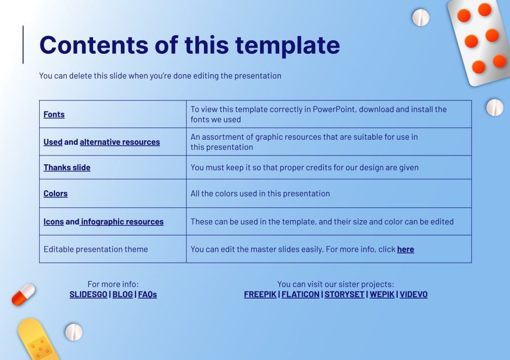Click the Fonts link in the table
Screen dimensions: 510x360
54,114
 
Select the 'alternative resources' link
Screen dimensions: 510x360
120,142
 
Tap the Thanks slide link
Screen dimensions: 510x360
67,167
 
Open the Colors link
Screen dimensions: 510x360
56,193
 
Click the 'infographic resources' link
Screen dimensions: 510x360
122,221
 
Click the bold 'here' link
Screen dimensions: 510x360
405,249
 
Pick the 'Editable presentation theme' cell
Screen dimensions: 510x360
113,249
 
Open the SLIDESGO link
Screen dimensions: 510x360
88,294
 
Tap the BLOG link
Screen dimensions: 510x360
122,294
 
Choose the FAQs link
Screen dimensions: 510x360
148,294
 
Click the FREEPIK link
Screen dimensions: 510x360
260,294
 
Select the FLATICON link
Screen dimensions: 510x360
300,294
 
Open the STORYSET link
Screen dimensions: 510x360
345,294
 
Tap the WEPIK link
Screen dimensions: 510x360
382,294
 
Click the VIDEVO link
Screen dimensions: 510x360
414,294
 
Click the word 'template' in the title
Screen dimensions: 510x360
287,46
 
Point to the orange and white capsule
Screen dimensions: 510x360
23,294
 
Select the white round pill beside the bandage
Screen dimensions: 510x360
74,332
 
